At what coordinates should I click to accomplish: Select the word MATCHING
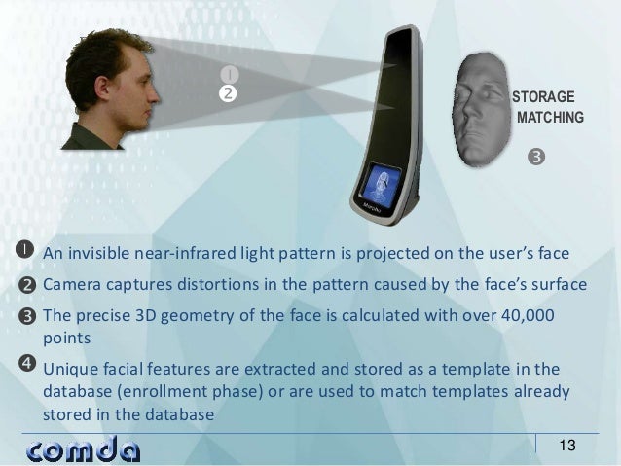point(550,118)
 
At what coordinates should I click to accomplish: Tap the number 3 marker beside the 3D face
point(535,156)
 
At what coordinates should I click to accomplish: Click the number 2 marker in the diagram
point(228,94)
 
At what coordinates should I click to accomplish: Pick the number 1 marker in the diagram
point(228,74)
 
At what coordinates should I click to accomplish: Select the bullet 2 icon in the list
point(26,284)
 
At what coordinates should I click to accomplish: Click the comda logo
point(83,449)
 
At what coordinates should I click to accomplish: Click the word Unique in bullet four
point(70,370)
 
